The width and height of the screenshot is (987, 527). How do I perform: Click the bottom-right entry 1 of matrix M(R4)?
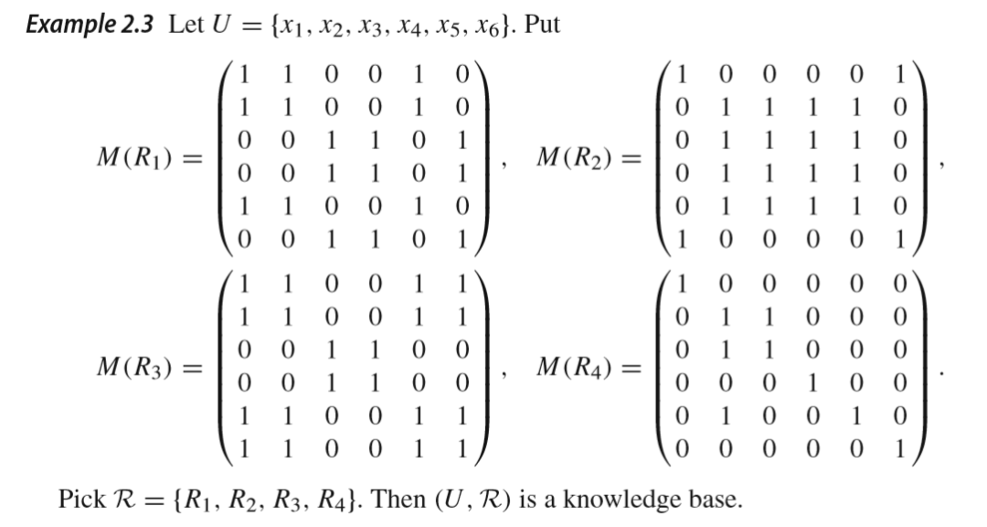click(901, 448)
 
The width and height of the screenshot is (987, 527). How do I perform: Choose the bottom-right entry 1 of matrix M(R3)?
click(463, 448)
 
